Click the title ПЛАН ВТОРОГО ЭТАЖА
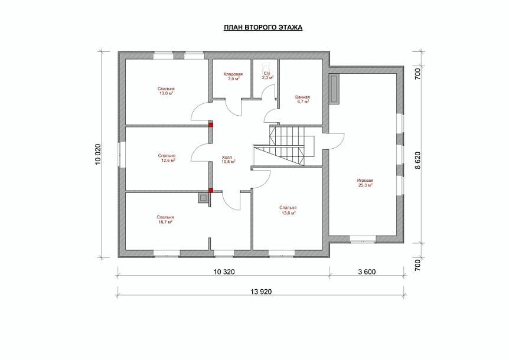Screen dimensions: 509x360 tap(263, 28)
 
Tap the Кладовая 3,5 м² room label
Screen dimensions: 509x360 tap(233, 76)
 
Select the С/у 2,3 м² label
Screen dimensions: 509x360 tap(268, 76)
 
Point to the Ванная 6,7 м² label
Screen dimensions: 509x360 tap(302, 99)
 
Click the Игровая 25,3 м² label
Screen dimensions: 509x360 tap(365, 183)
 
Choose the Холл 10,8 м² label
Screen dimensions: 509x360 tap(228, 159)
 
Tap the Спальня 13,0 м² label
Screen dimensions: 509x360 tap(166, 91)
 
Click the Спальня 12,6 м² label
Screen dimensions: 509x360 tap(167, 158)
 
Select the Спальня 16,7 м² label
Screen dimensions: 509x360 tap(165, 220)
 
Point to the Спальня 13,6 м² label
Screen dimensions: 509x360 tap(288, 210)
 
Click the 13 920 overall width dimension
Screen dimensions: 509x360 tap(261, 292)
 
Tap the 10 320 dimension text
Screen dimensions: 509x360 tap(224, 272)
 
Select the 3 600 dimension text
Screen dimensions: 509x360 tap(367, 272)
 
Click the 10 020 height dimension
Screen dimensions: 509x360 tap(99, 155)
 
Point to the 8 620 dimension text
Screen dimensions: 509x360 tap(417, 160)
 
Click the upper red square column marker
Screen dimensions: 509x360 tap(211, 125)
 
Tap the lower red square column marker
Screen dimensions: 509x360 tap(211, 191)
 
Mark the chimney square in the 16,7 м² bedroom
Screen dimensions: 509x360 tap(203, 198)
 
